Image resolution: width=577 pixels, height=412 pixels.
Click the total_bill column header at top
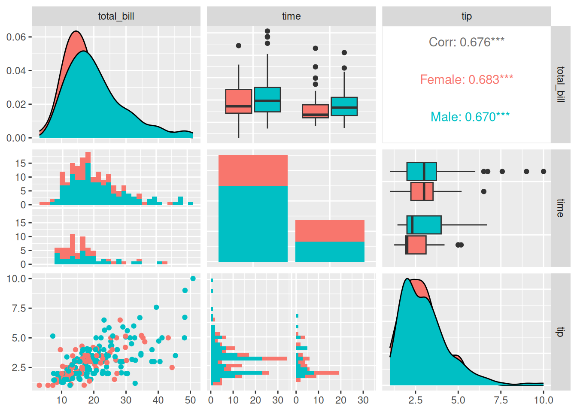(116, 16)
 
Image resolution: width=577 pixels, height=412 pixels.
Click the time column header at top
(291, 16)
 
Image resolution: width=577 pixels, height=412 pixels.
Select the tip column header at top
(466, 16)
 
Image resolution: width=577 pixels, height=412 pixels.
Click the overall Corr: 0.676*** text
(466, 42)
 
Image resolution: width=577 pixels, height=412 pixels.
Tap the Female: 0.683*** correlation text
(466, 79)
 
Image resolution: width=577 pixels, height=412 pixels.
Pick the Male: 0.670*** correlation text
(470, 117)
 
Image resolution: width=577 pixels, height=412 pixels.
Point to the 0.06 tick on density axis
(16, 37)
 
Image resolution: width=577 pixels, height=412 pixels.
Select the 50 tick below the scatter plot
(190, 400)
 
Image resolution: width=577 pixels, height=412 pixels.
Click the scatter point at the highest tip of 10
(193, 279)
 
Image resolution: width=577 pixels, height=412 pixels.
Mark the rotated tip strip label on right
(560, 331)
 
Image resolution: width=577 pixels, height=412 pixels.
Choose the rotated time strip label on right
(560, 208)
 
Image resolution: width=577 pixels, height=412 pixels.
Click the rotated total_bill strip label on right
(560, 84)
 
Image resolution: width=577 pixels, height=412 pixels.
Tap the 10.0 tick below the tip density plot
(543, 400)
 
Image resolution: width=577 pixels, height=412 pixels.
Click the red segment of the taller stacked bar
(253, 170)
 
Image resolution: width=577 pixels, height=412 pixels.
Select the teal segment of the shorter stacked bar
(330, 251)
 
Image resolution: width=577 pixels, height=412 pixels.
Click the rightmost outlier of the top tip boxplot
(544, 172)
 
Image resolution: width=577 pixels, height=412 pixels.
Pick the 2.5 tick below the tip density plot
(415, 400)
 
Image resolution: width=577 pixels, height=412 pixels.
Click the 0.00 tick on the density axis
(16, 138)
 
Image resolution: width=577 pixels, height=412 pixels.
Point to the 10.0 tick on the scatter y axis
(16, 279)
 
